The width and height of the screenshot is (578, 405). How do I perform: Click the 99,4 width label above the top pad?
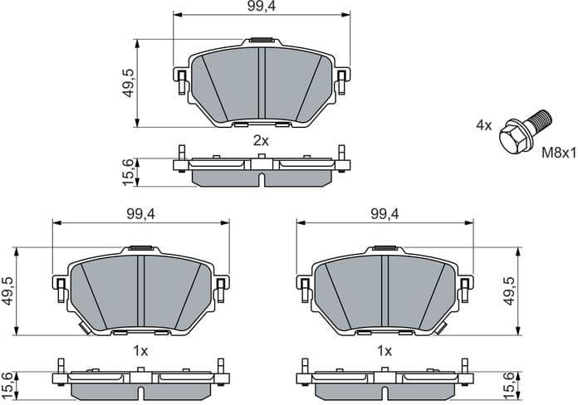pyautogui.click(x=261, y=7)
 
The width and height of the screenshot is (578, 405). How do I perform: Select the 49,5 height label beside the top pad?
pyautogui.click(x=128, y=83)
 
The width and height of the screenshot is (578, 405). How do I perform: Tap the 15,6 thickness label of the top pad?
pyautogui.click(x=128, y=173)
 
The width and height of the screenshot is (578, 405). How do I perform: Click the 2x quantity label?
pyautogui.click(x=261, y=140)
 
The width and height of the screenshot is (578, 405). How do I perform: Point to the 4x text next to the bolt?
pyautogui.click(x=483, y=125)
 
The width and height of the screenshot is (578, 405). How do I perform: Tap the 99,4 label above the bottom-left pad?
pyautogui.click(x=140, y=214)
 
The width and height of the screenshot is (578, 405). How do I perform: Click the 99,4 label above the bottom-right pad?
pyautogui.click(x=385, y=214)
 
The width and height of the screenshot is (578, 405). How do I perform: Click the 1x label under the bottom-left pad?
pyautogui.click(x=140, y=351)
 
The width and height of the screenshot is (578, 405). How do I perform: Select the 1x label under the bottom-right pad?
pyautogui.click(x=385, y=351)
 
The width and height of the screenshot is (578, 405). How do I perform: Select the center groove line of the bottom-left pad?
pyautogui.click(x=140, y=290)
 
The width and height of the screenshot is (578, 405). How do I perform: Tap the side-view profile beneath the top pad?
pyautogui.click(x=261, y=169)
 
